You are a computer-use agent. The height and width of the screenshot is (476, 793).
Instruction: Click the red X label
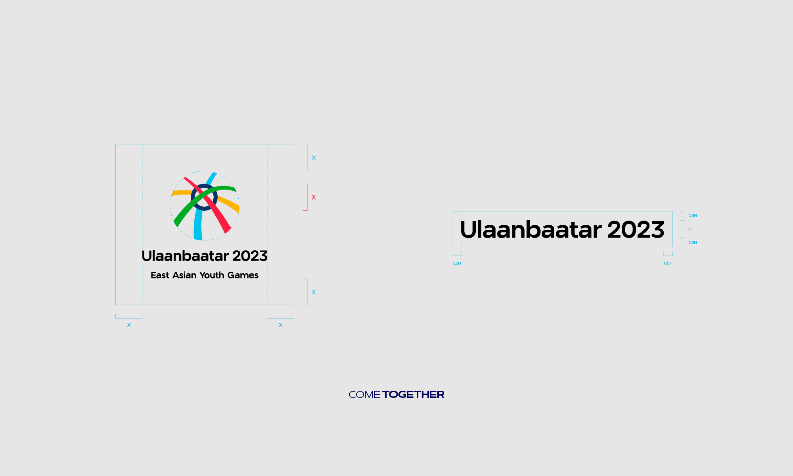(x=314, y=198)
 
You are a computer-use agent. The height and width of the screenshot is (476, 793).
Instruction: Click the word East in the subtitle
(x=160, y=275)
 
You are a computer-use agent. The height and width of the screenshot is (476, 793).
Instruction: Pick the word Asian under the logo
(x=184, y=275)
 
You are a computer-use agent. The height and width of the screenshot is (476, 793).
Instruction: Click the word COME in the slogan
(x=364, y=395)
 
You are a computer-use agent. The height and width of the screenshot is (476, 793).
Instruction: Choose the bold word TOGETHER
(x=413, y=395)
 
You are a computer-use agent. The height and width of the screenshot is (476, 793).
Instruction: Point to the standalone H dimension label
(x=690, y=229)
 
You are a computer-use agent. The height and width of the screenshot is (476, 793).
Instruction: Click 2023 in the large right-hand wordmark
(x=636, y=230)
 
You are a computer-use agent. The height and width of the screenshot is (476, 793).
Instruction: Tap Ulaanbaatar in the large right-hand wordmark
(x=531, y=230)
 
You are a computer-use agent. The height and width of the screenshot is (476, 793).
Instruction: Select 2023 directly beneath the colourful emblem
(x=250, y=256)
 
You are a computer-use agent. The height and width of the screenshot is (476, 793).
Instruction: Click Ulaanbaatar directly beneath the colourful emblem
(x=185, y=256)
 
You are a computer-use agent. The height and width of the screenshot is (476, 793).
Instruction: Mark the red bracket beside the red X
(x=306, y=197)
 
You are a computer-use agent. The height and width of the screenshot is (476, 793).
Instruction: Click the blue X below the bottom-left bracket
(x=129, y=325)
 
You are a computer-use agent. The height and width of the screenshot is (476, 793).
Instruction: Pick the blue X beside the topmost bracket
(x=314, y=158)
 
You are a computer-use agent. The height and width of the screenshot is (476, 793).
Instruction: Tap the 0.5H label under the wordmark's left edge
(x=457, y=263)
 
